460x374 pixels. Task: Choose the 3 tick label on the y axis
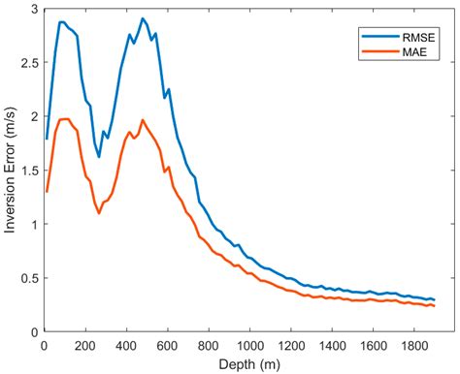pos(33,9)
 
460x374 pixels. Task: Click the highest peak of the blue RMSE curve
pos(143,18)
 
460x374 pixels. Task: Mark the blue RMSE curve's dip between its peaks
pos(99,155)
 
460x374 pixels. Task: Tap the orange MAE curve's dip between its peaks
pos(99,212)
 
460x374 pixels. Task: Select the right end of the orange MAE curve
pos(434,306)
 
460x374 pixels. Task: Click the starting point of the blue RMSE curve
pos(47,139)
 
